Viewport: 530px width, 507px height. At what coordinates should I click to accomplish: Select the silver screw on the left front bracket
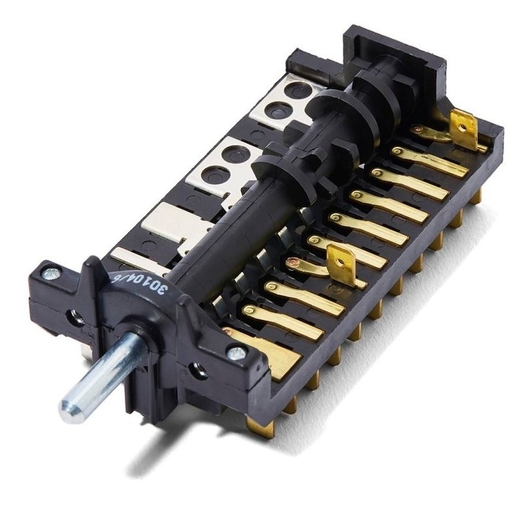point(48,272)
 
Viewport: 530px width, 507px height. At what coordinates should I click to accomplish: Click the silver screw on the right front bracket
point(233,353)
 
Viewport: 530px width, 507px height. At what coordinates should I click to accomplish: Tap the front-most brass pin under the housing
point(252,424)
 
